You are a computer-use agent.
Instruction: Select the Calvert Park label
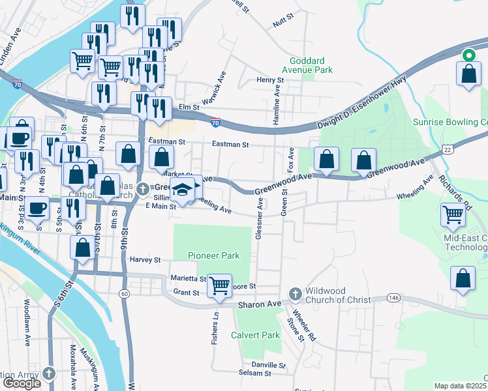click(x=255, y=335)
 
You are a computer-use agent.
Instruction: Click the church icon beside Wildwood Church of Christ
click(x=294, y=295)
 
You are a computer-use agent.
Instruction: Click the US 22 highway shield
click(x=446, y=149)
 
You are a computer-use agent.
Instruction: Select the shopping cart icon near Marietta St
click(x=220, y=285)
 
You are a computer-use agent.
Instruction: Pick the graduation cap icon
click(x=183, y=190)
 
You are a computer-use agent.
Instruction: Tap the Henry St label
click(x=270, y=80)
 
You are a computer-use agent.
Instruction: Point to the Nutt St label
click(x=280, y=23)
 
